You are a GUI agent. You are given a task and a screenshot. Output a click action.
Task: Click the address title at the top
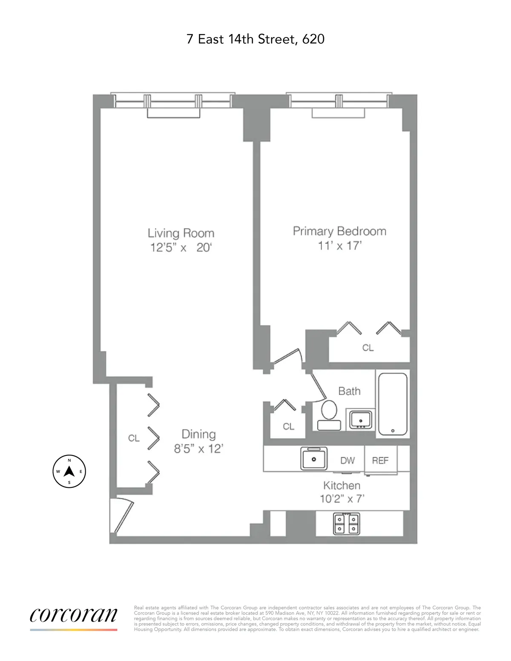coord(255,39)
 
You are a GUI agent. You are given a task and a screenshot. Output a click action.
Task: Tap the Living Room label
coord(181,233)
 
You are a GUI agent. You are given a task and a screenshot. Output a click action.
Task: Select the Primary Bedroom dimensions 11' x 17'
coord(339,246)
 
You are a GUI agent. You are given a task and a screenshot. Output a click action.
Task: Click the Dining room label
coord(198,434)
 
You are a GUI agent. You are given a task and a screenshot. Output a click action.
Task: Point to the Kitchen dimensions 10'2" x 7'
coord(342,498)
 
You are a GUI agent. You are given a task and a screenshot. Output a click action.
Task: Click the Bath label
coord(349,391)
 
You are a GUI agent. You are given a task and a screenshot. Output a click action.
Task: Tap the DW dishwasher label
coord(347,461)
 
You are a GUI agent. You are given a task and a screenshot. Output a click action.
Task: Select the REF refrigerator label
coord(380,461)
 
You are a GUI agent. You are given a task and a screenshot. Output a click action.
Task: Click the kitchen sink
coord(314,459)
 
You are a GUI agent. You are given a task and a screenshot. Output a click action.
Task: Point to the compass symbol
coord(69,471)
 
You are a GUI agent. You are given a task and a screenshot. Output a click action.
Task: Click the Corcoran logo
coord(73,615)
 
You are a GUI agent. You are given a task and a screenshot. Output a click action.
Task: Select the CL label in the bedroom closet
coord(368,348)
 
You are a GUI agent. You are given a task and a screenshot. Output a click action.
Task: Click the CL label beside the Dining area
coord(134,438)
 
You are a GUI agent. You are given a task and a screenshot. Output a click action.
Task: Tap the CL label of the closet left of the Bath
coord(288,426)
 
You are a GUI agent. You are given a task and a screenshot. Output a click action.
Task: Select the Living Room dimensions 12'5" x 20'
coord(181,247)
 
